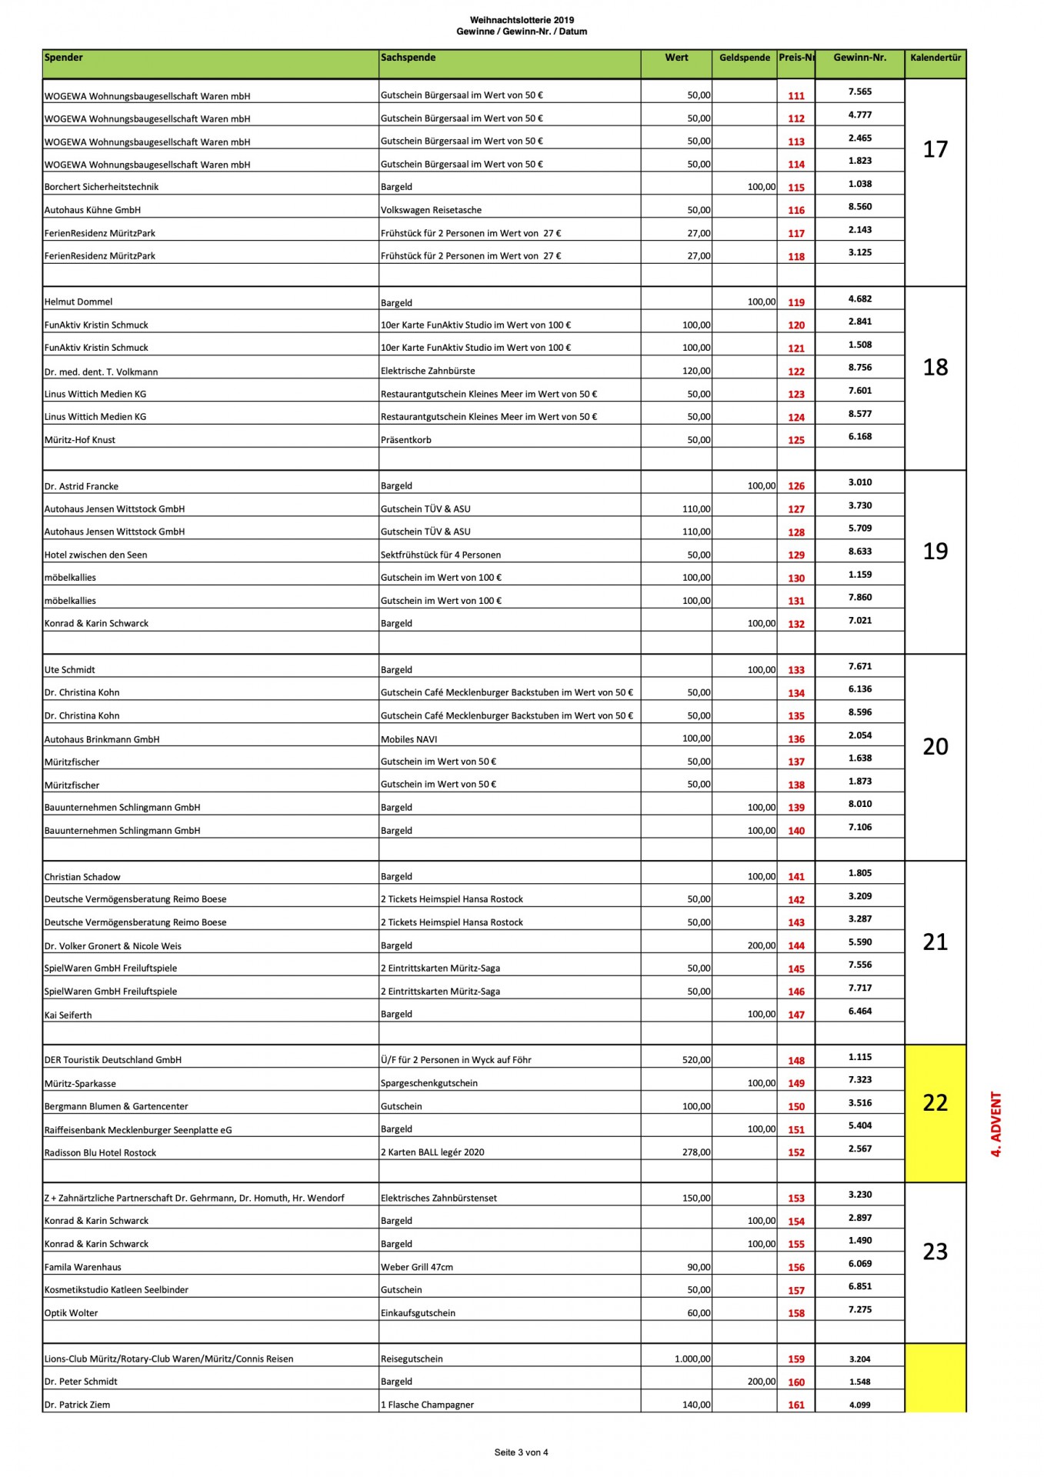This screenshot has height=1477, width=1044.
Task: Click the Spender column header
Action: point(64,58)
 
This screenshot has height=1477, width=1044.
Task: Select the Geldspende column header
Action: point(744,58)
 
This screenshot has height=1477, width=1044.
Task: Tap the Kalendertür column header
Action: point(935,58)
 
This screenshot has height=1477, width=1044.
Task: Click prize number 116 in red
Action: point(796,210)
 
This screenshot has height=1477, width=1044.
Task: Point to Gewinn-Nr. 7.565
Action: point(859,92)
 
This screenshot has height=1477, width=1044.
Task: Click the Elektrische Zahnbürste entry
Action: point(428,371)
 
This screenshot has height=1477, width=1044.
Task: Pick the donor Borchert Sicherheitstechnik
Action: point(102,187)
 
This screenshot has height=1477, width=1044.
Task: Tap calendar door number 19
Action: point(935,552)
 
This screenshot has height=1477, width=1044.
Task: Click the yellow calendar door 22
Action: point(935,1102)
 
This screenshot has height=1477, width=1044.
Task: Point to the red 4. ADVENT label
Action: point(996,1124)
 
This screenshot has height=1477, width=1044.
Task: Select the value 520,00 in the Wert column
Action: point(695,1060)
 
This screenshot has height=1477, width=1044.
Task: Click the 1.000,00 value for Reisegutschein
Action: point(692,1359)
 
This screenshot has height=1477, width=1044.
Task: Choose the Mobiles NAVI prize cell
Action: point(409,739)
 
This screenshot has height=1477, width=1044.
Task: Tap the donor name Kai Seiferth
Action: point(68,1015)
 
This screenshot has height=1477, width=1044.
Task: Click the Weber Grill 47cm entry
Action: point(417,1267)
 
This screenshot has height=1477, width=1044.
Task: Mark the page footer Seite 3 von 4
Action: point(521,1452)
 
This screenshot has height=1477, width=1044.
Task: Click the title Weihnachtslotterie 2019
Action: point(522,20)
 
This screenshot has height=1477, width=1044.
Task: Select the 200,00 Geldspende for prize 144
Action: point(761,945)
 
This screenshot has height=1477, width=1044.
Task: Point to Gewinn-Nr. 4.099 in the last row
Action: point(859,1405)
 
